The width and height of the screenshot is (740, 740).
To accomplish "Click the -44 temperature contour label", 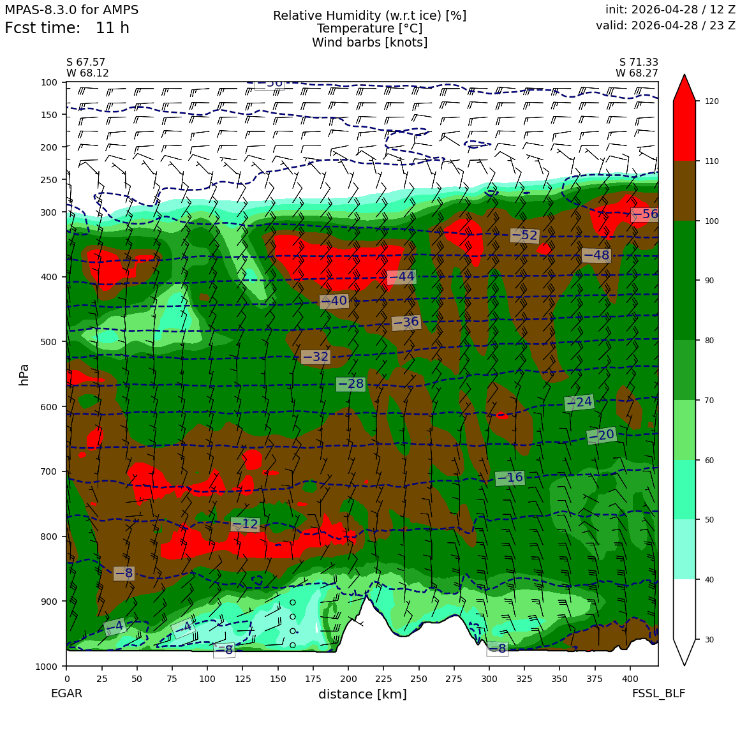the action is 401,277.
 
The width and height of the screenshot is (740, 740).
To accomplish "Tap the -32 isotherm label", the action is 315,357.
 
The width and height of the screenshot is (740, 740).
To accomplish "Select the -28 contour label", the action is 351,384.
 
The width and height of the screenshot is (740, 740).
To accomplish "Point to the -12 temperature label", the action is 246,524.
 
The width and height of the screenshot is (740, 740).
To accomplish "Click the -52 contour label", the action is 524,235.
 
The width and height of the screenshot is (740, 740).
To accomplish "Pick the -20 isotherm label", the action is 602,435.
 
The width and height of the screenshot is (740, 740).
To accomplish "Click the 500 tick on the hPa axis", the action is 48,342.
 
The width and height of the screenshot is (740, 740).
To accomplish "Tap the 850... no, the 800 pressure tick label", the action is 48,536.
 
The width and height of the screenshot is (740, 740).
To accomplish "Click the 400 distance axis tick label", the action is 630,679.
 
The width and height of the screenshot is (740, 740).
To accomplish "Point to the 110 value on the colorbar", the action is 711,161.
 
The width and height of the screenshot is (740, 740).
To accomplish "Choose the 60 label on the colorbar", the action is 709,460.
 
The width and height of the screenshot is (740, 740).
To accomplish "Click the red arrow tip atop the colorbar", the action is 685,75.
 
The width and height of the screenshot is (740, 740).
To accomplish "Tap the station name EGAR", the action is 66,693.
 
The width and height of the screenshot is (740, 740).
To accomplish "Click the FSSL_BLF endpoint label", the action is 658,693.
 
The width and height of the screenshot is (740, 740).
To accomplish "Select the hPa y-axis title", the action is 24,375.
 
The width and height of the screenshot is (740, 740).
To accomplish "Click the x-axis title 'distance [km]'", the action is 362,694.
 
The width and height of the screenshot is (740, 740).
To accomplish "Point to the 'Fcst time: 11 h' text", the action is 67,28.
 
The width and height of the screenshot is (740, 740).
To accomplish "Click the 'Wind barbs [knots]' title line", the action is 369,43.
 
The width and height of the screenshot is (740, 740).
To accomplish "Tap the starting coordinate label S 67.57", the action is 86,63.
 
